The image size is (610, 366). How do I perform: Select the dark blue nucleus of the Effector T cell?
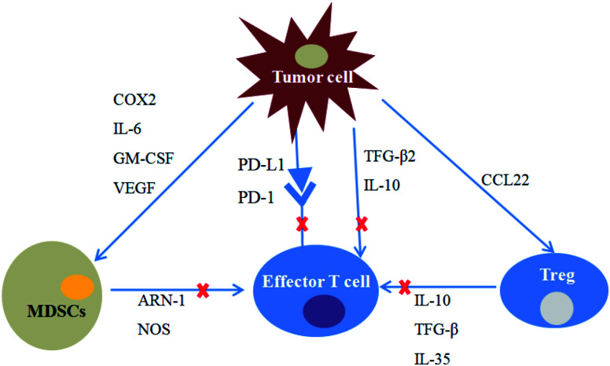click(x=323, y=313)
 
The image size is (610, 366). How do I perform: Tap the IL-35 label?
click(x=432, y=357)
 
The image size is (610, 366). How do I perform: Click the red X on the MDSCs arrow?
click(x=202, y=291)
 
